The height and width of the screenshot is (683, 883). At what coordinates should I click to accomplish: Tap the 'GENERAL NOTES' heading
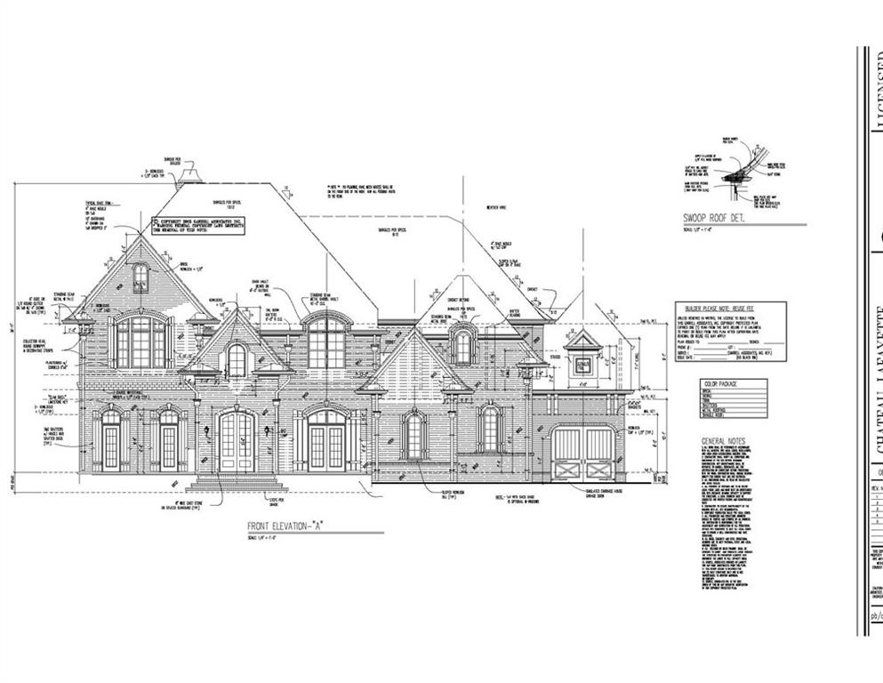[726, 441]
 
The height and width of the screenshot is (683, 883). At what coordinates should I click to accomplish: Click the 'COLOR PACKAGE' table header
[721, 385]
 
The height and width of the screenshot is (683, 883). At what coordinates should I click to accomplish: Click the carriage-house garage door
[583, 454]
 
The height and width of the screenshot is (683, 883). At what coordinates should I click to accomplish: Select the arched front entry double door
[237, 441]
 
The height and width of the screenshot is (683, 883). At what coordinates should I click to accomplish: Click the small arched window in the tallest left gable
[140, 278]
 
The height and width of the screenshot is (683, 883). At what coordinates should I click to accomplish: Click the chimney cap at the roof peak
[189, 176]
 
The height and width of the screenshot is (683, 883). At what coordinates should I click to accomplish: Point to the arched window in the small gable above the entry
[237, 360]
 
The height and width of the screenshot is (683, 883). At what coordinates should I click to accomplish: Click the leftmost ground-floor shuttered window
[111, 440]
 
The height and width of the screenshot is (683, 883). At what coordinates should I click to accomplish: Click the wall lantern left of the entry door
[205, 430]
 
